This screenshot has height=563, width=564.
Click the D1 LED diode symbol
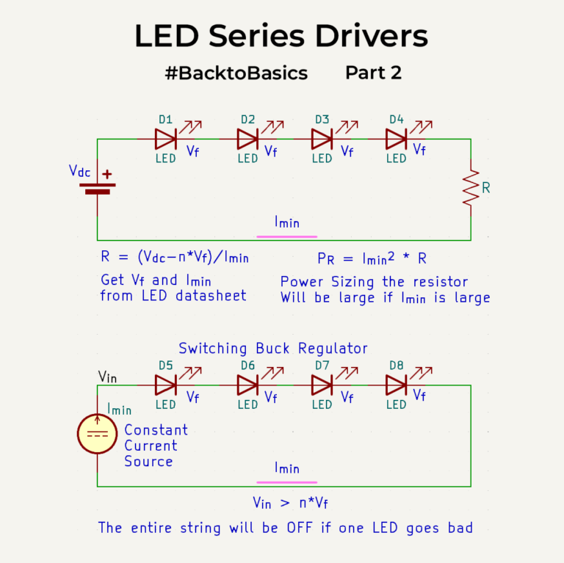pos(165,138)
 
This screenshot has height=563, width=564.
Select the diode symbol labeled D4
pos(396,138)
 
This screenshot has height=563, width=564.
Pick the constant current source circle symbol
pos(97,433)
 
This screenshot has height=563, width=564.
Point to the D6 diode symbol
pos(248,385)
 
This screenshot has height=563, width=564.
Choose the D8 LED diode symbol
pos(396,385)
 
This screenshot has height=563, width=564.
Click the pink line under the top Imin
pos(286,237)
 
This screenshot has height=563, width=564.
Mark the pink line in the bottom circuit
pos(286,482)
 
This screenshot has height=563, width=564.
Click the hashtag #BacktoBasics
pos(236,73)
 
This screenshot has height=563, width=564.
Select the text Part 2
pos(373,73)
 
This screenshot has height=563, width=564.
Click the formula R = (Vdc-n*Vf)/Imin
pos(175,258)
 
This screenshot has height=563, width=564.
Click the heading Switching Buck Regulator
pos(273,348)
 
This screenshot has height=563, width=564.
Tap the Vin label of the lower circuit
pos(108,377)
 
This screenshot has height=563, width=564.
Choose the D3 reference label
pos(322,119)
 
